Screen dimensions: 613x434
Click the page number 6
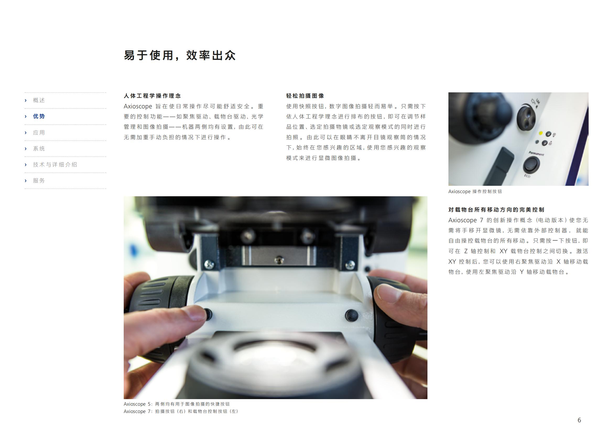(579, 420)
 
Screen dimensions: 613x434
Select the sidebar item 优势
(39, 116)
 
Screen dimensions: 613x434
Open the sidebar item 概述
(39, 100)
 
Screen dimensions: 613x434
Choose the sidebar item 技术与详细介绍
(55, 165)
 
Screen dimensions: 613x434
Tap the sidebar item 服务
(39, 181)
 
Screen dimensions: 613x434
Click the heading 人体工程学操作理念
(152, 96)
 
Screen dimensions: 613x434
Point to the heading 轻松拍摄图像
(305, 96)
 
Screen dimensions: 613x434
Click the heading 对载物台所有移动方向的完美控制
(496, 210)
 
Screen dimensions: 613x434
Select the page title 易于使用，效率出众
(180, 55)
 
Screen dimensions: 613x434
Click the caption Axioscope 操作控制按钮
(475, 192)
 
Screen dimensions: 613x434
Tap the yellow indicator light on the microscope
(541, 133)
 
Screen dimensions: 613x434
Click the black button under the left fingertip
(208, 314)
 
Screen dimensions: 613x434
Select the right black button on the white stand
(351, 315)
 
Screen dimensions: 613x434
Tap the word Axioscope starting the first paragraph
(138, 106)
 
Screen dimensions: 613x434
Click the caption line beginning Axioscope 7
(181, 411)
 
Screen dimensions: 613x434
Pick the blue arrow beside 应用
(26, 133)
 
